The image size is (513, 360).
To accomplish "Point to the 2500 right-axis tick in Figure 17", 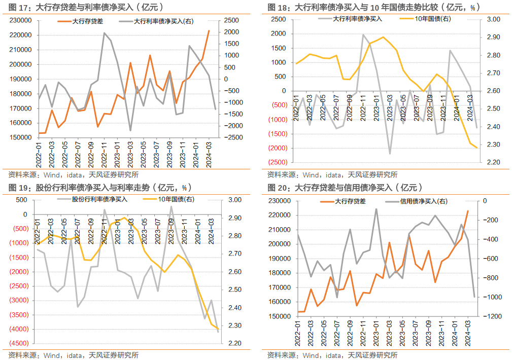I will click(230, 20).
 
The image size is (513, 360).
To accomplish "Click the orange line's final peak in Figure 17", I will click(209, 31).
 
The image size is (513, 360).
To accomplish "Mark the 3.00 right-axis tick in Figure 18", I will click(494, 19).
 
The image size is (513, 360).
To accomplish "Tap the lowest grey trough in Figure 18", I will click(390, 153).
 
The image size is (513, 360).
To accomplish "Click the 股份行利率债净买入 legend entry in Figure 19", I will click(99, 199).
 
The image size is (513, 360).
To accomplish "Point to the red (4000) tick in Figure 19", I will click(19, 329).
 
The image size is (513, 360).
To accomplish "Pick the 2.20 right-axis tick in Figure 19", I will click(234, 344).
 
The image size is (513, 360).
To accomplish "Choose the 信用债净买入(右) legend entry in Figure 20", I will click(424, 201).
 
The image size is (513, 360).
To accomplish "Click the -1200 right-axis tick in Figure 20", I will click(490, 316).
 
